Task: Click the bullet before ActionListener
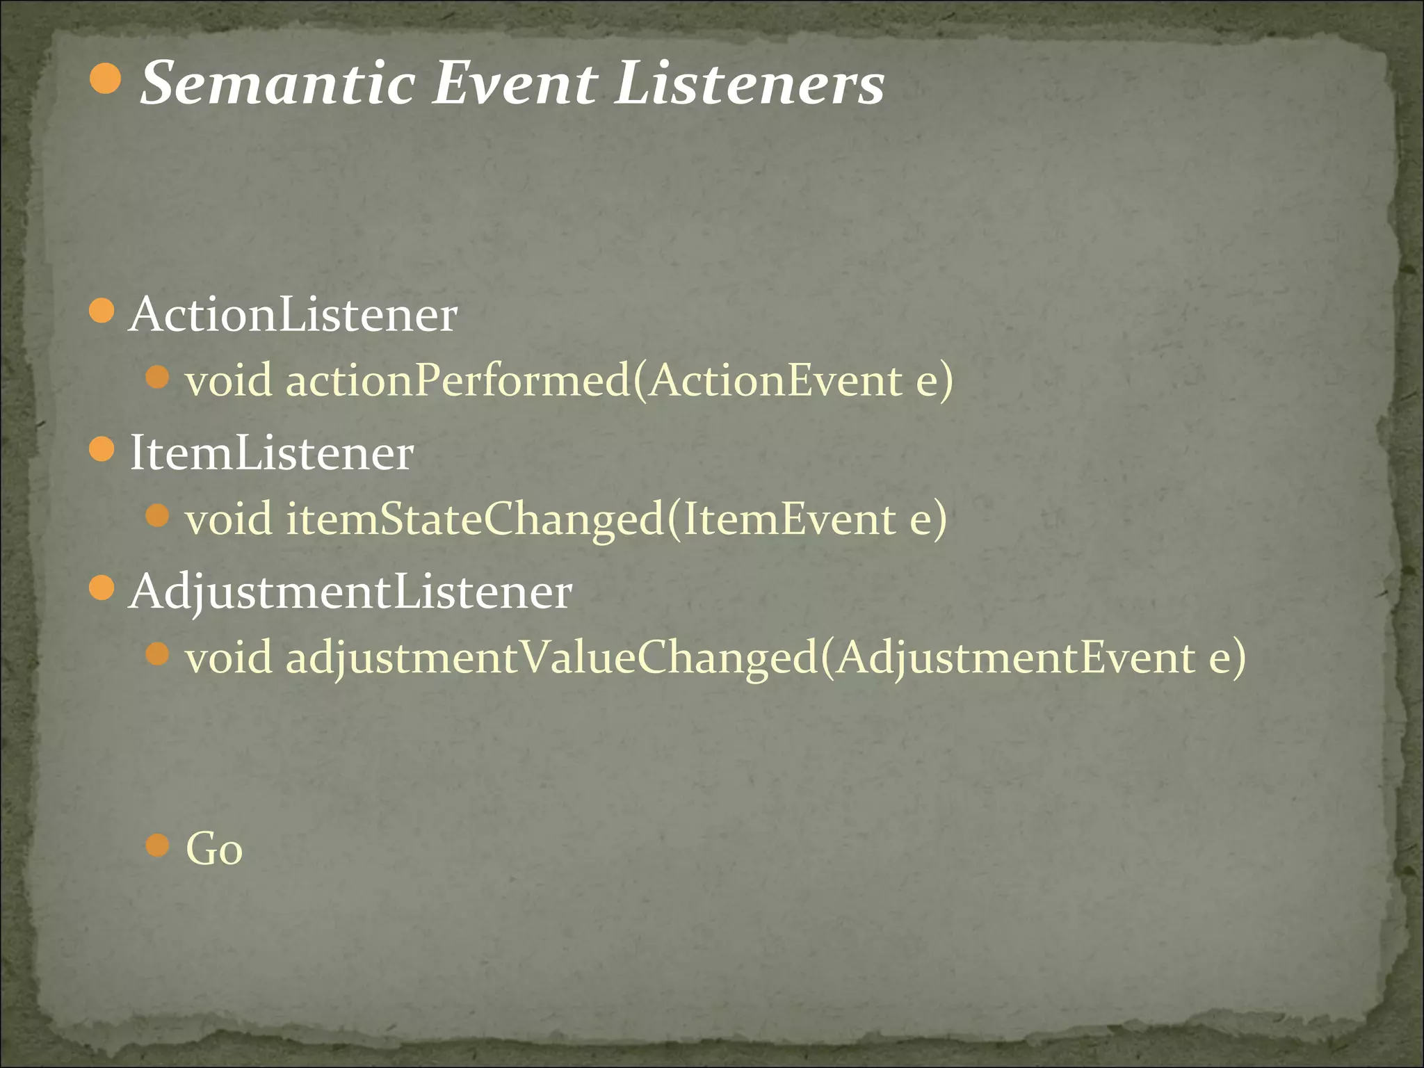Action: (102, 311)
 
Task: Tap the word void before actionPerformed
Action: (229, 381)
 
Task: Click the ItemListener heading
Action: (272, 453)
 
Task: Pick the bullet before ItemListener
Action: (102, 449)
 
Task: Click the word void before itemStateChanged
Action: (229, 519)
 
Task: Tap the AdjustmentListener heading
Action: (351, 592)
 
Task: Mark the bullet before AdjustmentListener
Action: (102, 588)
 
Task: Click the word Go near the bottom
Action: (214, 849)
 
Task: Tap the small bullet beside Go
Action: (159, 846)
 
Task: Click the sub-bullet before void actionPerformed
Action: (159, 378)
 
